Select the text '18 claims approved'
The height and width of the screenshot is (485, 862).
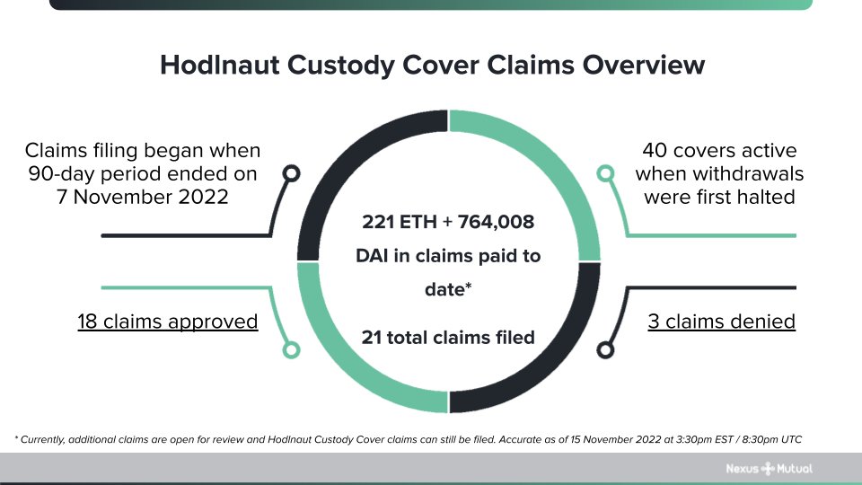pyautogui.click(x=168, y=321)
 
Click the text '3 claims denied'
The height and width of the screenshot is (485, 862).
pyautogui.click(x=721, y=321)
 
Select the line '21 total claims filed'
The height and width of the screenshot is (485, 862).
pyautogui.click(x=448, y=338)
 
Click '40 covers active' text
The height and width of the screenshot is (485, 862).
pyautogui.click(x=719, y=150)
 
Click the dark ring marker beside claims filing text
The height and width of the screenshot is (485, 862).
pyautogui.click(x=291, y=173)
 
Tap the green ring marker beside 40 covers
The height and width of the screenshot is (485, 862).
pyautogui.click(x=606, y=172)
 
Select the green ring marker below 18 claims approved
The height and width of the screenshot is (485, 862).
pyautogui.click(x=291, y=350)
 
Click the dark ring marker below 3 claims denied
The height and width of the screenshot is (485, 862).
pyautogui.click(x=606, y=349)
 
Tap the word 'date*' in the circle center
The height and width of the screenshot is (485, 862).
pyautogui.click(x=448, y=290)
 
